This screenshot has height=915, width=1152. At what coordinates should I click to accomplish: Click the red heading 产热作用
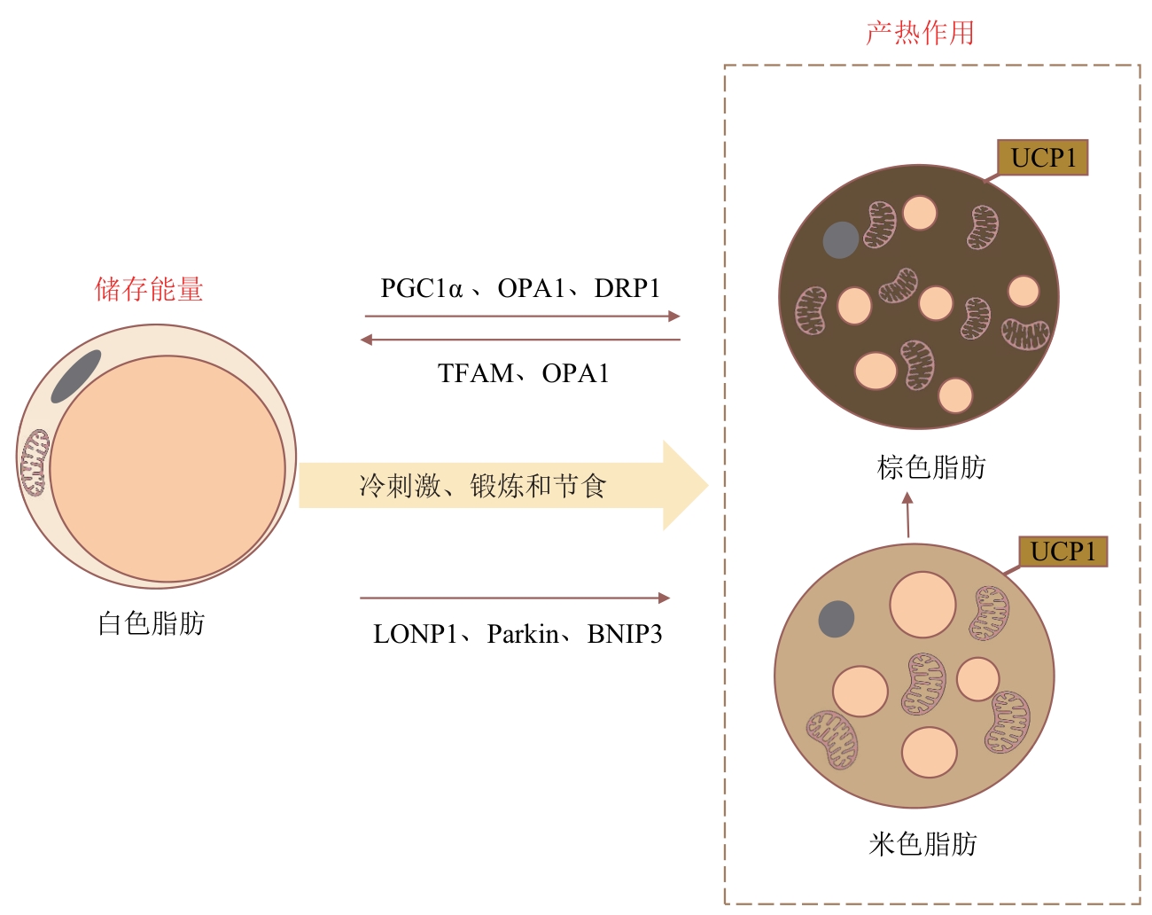(x=920, y=33)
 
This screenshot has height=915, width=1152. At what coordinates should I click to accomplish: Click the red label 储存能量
(x=149, y=289)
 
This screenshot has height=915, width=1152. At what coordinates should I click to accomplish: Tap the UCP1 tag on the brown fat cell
(x=1043, y=158)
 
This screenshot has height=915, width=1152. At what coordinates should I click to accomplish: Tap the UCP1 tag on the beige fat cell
(x=1062, y=551)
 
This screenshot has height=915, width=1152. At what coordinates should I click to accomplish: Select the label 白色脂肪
(x=152, y=623)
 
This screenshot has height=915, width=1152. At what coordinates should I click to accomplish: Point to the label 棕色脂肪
(x=931, y=467)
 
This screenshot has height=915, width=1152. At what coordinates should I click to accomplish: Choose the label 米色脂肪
(x=922, y=844)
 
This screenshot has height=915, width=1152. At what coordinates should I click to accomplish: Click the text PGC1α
(x=421, y=288)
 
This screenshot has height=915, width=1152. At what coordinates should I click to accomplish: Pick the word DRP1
(x=627, y=288)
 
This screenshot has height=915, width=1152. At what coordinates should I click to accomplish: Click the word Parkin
(x=523, y=634)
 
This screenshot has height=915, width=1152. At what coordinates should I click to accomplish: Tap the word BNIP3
(x=625, y=634)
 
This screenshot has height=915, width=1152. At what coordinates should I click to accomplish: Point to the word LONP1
(x=416, y=634)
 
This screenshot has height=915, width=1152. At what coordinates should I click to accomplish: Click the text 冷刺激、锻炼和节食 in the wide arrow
(x=482, y=486)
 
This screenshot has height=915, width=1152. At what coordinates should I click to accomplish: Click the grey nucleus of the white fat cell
(x=76, y=376)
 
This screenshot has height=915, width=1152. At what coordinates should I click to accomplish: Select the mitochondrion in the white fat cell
(x=35, y=462)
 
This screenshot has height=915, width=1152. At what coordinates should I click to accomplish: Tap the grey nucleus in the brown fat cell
(x=840, y=240)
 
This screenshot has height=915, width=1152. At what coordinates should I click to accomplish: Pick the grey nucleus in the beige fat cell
(x=837, y=619)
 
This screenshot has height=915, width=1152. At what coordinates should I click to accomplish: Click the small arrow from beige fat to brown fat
(x=907, y=514)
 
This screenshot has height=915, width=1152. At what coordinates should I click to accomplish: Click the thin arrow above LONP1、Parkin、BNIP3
(x=515, y=598)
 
